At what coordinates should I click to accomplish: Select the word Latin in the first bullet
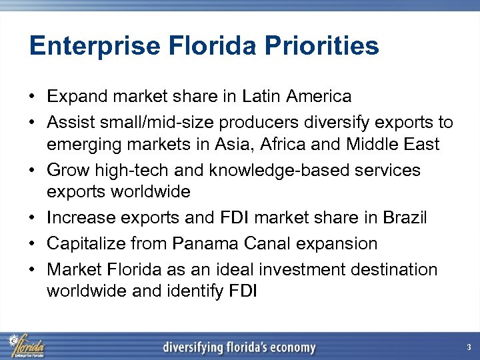(261, 97)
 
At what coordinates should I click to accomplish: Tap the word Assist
(69, 123)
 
